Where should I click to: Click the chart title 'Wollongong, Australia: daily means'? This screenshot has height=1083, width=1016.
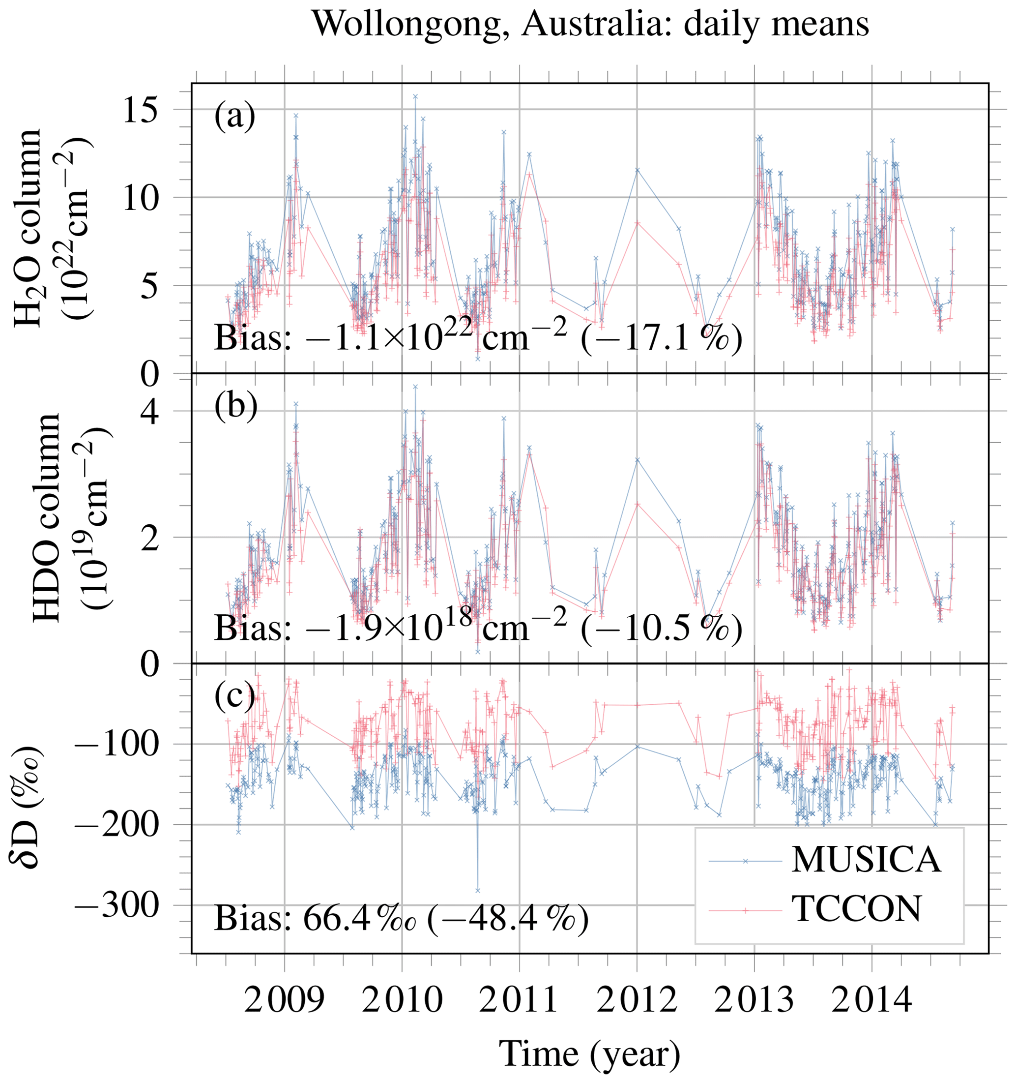[590, 24]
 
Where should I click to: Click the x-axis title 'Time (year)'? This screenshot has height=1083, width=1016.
[590, 1054]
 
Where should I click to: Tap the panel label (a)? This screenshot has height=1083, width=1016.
[234, 116]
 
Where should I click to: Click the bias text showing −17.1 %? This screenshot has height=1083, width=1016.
[478, 338]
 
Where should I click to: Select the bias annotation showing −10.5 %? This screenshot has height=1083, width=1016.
[478, 628]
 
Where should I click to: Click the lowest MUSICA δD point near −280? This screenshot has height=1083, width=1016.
[477, 890]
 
